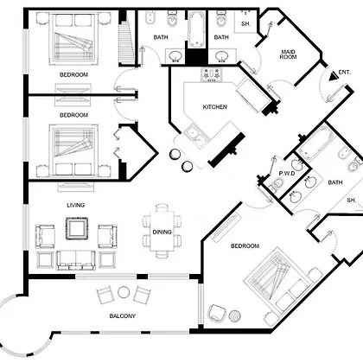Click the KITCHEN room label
click(x=215, y=107)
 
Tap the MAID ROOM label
click(x=288, y=54)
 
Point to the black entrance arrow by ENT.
click(x=334, y=76)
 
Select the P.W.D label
click(x=287, y=174)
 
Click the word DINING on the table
click(x=162, y=232)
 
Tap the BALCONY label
click(x=123, y=316)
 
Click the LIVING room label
click(x=76, y=205)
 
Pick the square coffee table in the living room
click(x=77, y=229)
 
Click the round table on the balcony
click(x=124, y=292)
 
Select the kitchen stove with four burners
click(x=212, y=74)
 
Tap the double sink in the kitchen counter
click(x=196, y=137)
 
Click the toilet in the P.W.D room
click(x=277, y=184)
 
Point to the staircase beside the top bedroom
click(x=127, y=38)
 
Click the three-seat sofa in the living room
click(x=76, y=260)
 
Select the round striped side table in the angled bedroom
click(x=235, y=315)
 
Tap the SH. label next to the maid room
click(x=245, y=23)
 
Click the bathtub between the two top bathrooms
click(x=197, y=29)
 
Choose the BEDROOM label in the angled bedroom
click(x=245, y=245)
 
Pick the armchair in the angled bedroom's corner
click(x=217, y=312)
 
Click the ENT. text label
click(x=345, y=73)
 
